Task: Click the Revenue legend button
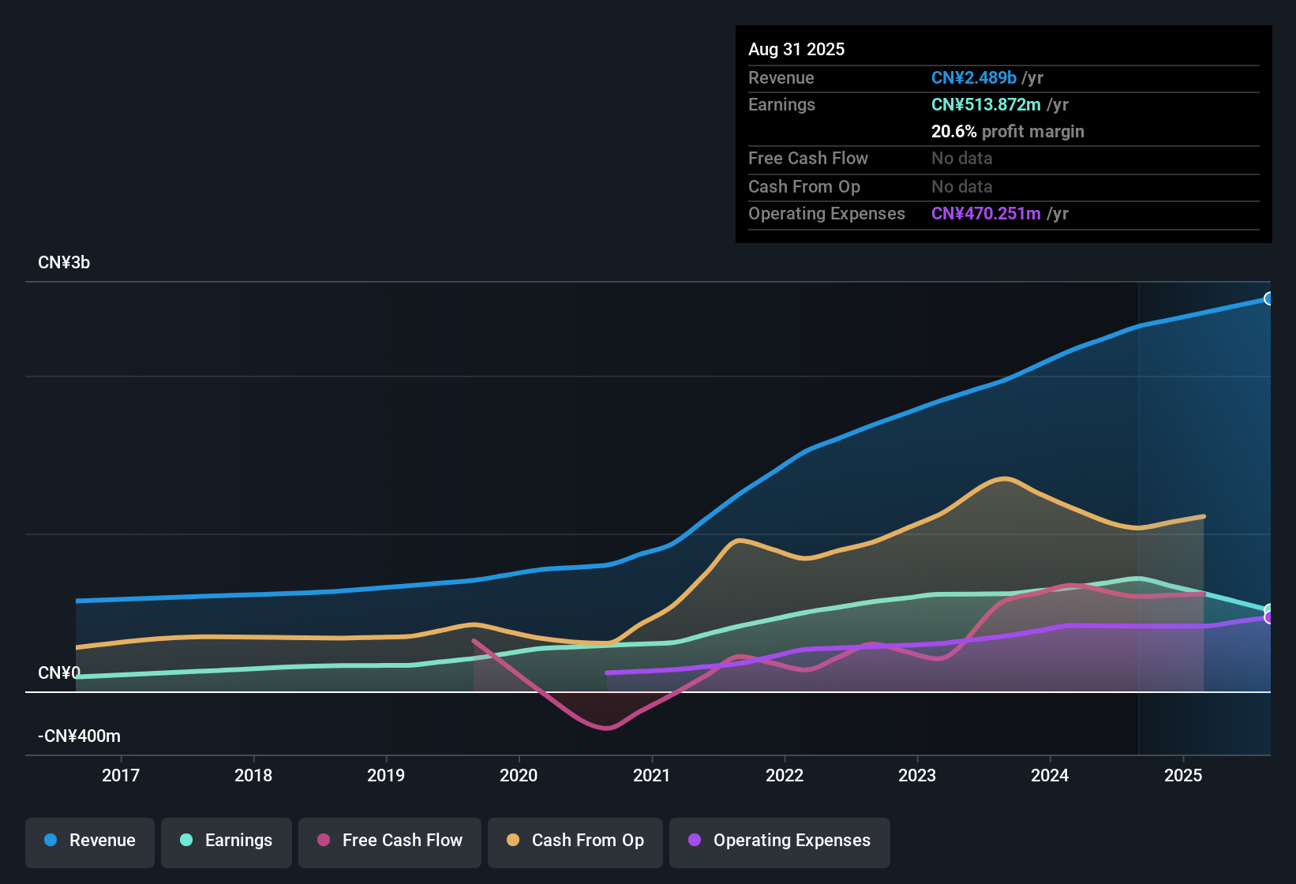(x=90, y=841)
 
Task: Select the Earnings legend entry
(x=227, y=841)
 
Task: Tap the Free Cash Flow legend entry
(x=390, y=841)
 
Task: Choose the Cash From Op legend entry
(x=575, y=841)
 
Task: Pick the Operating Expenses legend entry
(x=780, y=841)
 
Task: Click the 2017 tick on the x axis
(x=121, y=775)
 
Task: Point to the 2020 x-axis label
(x=519, y=775)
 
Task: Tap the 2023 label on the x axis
(x=917, y=775)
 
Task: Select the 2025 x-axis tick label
(x=1183, y=775)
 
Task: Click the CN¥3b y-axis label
(x=64, y=263)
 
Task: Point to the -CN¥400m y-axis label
(x=79, y=736)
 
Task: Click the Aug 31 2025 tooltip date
(x=796, y=50)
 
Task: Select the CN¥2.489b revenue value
(x=973, y=77)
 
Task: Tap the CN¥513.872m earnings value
(x=986, y=105)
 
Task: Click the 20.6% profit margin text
(x=1007, y=132)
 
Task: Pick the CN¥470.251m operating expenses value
(x=986, y=214)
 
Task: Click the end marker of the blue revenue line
(x=1268, y=298)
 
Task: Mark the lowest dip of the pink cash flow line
(x=606, y=728)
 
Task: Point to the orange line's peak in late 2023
(x=1004, y=478)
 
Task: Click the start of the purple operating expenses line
(x=607, y=672)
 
